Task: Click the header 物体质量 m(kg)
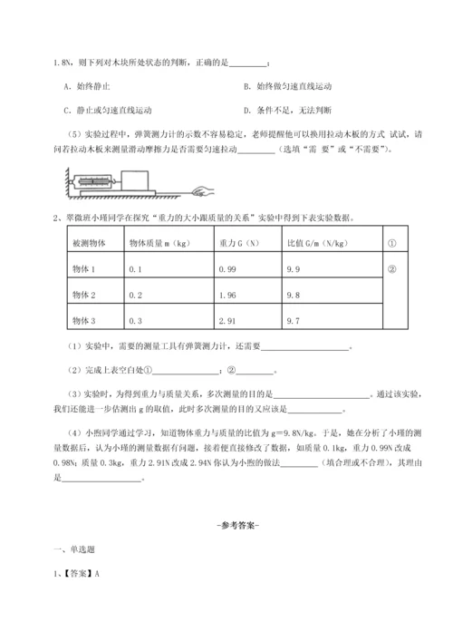point(157,244)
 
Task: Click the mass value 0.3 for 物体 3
point(137,321)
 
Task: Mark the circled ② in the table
point(393,270)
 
